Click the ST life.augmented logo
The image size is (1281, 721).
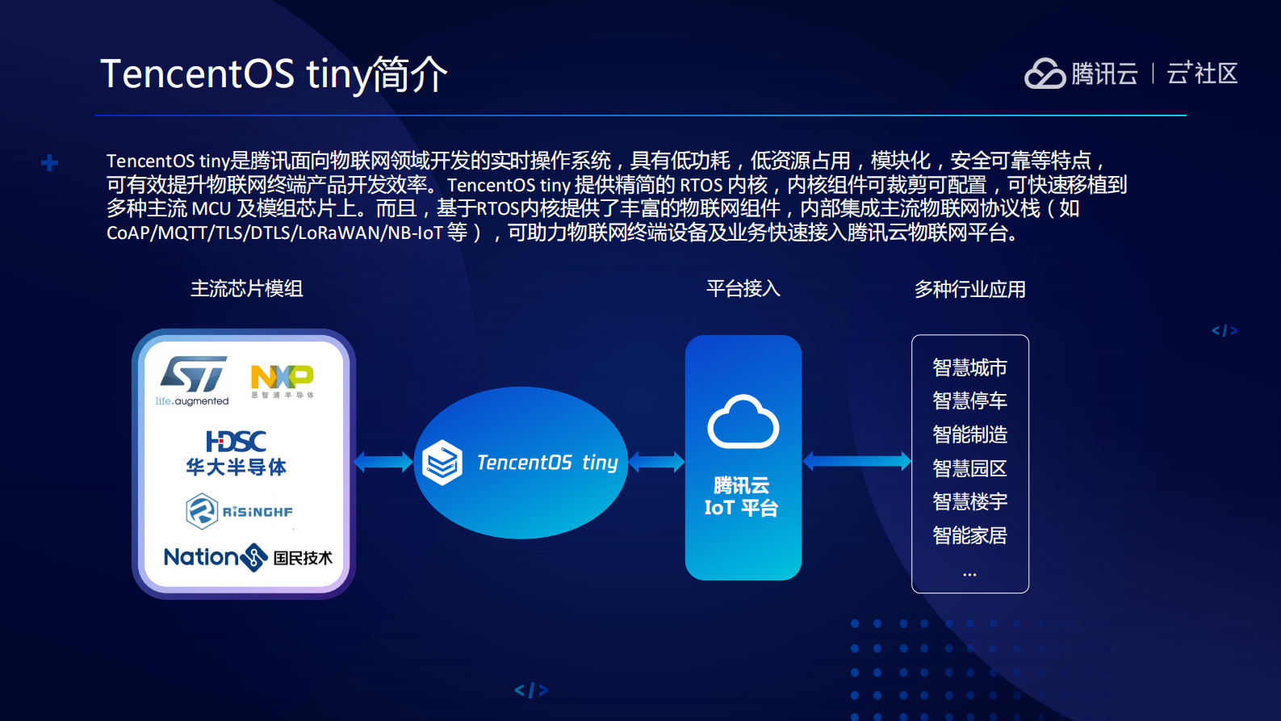pyautogui.click(x=194, y=379)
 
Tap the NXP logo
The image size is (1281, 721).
pyautogui.click(x=282, y=380)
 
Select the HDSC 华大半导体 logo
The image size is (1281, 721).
pyautogui.click(x=236, y=453)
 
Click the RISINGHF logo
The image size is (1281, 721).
pyautogui.click(x=239, y=511)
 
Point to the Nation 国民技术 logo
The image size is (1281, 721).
pyautogui.click(x=247, y=557)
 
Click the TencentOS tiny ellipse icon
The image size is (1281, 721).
pyautogui.click(x=442, y=463)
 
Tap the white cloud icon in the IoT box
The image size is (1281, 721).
pyautogui.click(x=743, y=422)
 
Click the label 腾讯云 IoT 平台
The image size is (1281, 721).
pyautogui.click(x=741, y=497)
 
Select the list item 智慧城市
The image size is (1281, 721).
pyautogui.click(x=969, y=368)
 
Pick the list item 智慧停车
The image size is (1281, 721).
pyautogui.click(x=969, y=401)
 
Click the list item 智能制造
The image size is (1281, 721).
pyautogui.click(x=969, y=435)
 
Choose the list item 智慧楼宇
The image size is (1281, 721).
pyautogui.click(x=969, y=502)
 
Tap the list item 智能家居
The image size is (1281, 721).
pyautogui.click(x=969, y=536)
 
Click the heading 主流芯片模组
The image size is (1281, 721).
pyautogui.click(x=246, y=289)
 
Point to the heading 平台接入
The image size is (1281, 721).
pyautogui.click(x=743, y=289)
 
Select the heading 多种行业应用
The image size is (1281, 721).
pyautogui.click(x=969, y=290)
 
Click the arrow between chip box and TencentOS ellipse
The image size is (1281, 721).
pyautogui.click(x=383, y=462)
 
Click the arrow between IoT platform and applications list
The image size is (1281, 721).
pyautogui.click(x=856, y=461)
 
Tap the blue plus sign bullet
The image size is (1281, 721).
pyautogui.click(x=49, y=163)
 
